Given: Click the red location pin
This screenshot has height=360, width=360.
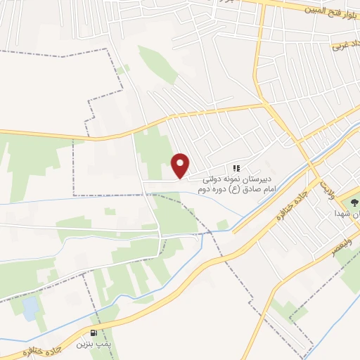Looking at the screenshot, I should pyautogui.click(x=181, y=165).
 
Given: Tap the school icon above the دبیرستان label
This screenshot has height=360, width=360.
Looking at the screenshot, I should pyautogui.click(x=237, y=169).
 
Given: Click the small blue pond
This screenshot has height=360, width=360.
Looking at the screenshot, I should pyautogui.click(x=30, y=307).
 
